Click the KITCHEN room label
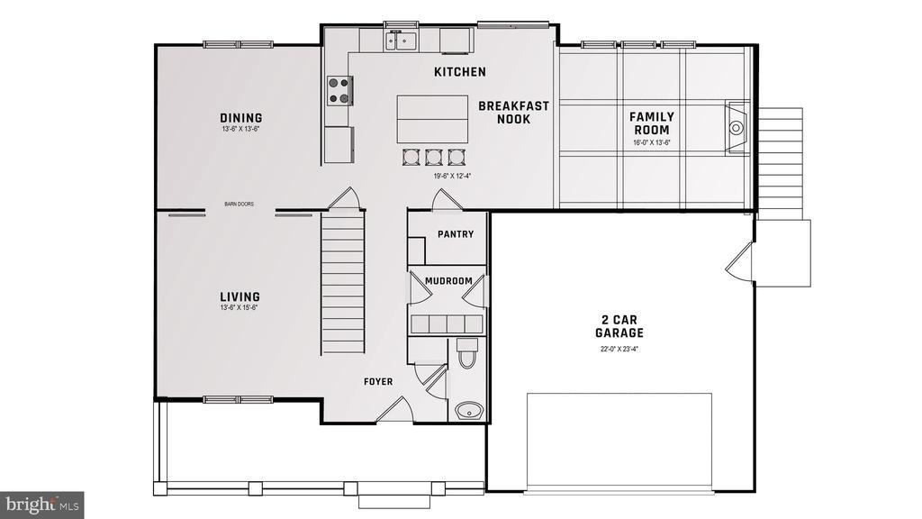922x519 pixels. (459, 72)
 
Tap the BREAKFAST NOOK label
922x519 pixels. (513, 112)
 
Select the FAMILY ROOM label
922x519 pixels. (651, 123)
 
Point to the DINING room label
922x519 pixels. (241, 118)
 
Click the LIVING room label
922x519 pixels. (240, 296)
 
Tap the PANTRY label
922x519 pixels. (455, 234)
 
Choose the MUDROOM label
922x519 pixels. (447, 281)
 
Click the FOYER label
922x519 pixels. (378, 382)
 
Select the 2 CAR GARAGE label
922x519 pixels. (622, 325)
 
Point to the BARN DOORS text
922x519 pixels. (239, 205)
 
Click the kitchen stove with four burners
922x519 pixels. (339, 90)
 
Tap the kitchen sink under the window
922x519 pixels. (400, 40)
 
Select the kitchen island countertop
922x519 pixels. (432, 118)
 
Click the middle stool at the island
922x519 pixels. (433, 156)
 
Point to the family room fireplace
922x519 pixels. (737, 127)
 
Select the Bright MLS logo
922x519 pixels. (42, 502)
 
